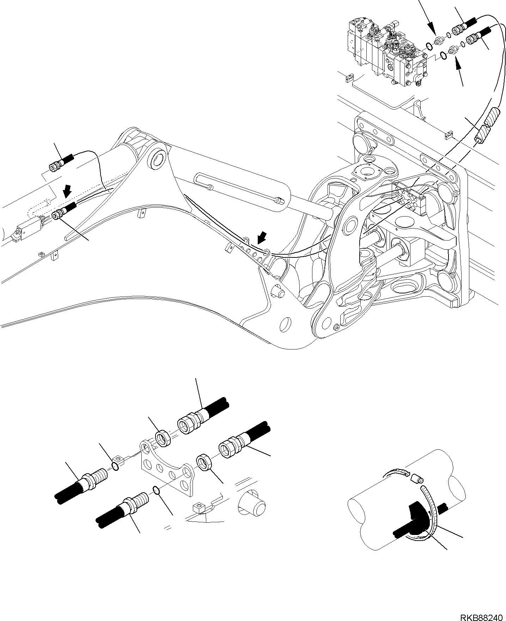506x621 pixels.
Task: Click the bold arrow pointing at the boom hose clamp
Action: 261,239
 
